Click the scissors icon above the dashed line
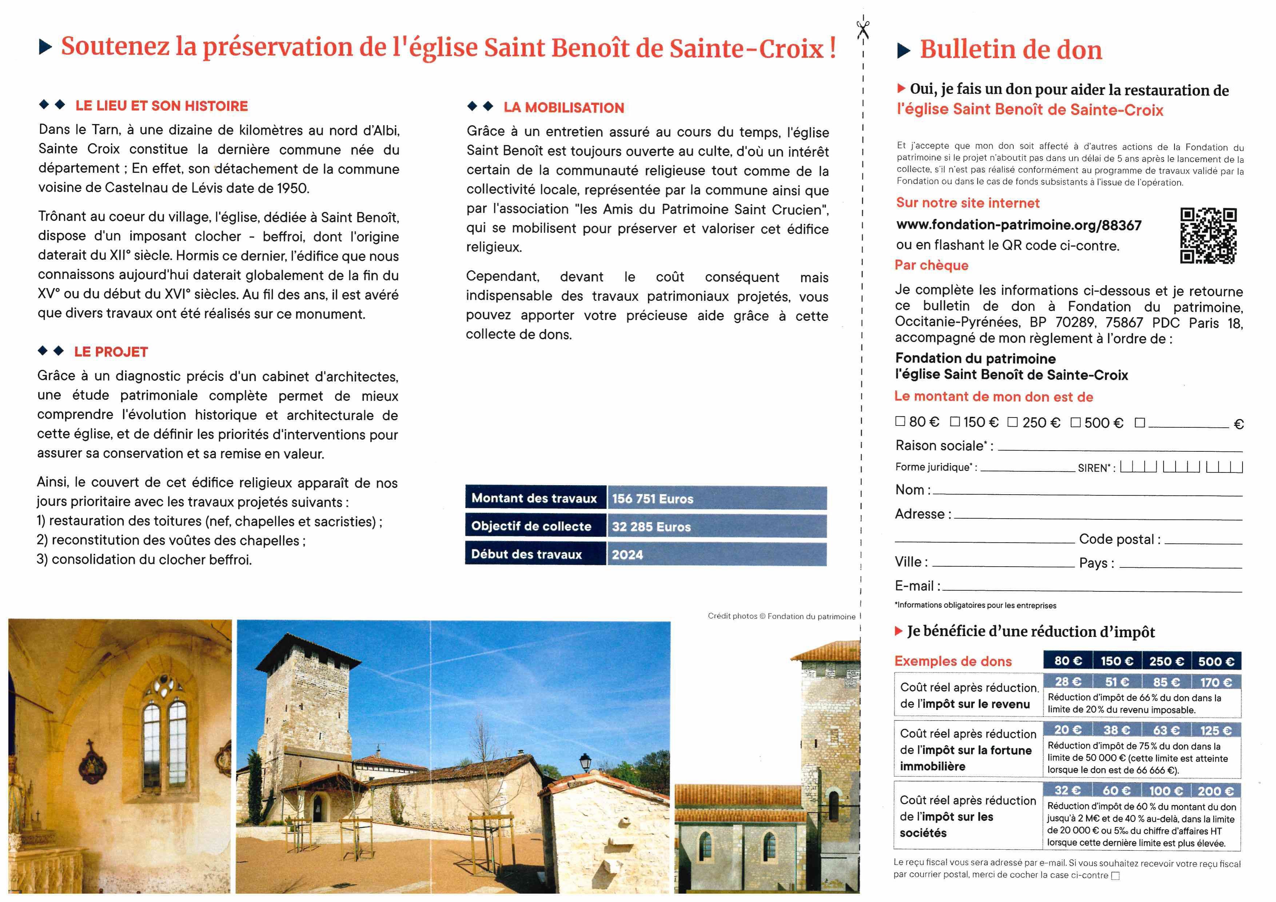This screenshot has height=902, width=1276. (862, 29)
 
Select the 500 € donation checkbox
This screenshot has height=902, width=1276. (1075, 422)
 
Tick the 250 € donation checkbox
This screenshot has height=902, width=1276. (1013, 422)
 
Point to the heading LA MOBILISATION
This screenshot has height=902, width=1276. (563, 108)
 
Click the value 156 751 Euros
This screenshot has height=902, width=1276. (653, 499)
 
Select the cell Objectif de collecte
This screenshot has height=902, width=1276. (531, 526)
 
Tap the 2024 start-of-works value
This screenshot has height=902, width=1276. (627, 555)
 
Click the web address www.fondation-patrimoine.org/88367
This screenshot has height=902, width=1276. (1019, 225)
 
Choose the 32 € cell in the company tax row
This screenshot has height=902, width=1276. (1068, 790)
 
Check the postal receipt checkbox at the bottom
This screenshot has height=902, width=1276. (1115, 876)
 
